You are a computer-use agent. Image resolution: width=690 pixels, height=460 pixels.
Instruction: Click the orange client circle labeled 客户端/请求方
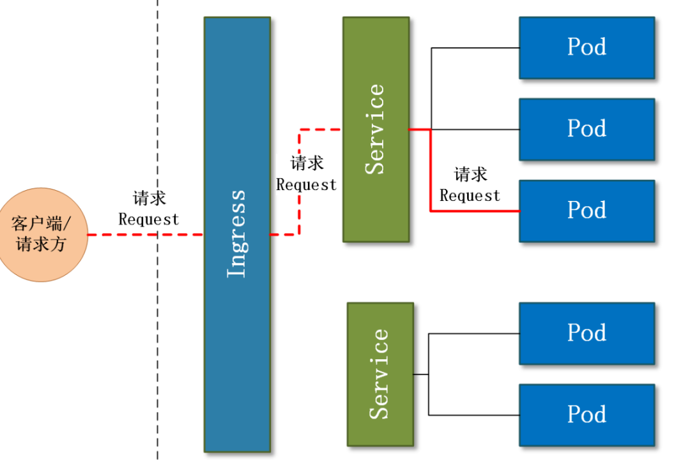[42, 234]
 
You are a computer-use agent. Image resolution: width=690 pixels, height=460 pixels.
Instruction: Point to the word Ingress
[237, 234]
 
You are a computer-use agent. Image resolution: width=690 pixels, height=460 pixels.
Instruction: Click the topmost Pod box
[586, 48]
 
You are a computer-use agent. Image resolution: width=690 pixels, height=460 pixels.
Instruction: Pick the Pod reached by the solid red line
[586, 211]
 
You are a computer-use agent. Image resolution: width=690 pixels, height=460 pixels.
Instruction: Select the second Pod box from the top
[586, 129]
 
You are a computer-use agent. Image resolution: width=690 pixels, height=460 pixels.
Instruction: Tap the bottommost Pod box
[586, 415]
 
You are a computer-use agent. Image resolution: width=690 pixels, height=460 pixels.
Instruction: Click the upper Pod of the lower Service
[586, 333]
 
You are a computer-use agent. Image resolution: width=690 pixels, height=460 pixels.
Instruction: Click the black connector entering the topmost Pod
[476, 48]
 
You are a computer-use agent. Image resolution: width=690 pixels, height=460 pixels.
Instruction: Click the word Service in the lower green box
[379, 374]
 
